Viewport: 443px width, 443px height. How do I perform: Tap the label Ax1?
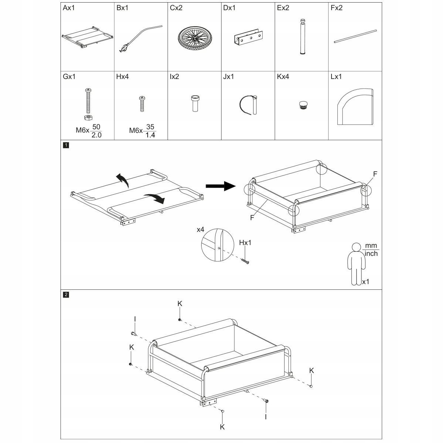69,8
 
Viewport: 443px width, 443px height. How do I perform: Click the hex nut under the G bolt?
89,117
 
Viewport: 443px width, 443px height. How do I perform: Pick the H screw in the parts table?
142,103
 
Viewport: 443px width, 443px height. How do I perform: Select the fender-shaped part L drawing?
355,106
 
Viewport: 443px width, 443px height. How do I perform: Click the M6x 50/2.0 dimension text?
89,130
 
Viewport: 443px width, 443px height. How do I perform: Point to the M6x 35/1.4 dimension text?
142,130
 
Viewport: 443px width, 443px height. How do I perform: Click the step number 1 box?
66,145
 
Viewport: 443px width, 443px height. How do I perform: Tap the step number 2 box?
66,295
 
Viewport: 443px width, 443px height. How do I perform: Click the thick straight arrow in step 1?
221,186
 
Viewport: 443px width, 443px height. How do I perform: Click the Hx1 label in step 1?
246,243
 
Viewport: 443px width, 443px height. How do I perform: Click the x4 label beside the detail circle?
200,230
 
